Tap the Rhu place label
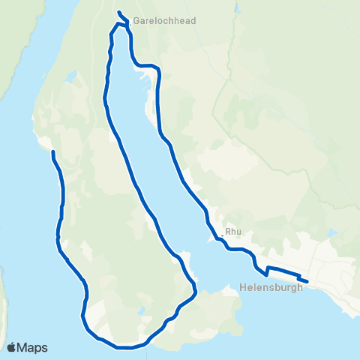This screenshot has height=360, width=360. click(232, 232)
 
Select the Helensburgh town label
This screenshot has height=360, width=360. click(272, 286)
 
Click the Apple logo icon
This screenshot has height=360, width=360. click(13, 347)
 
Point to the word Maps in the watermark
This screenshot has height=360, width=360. click(33, 347)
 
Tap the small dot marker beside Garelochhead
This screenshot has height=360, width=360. click(129, 22)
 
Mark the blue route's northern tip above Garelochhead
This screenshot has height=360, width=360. click(119, 11)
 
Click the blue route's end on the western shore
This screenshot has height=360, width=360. click(52, 152)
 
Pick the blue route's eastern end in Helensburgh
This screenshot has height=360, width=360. click(307, 281)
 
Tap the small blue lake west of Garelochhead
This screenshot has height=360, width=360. click(73, 76)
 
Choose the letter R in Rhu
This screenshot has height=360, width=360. click(229, 232)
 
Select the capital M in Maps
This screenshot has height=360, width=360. click(24, 347)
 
